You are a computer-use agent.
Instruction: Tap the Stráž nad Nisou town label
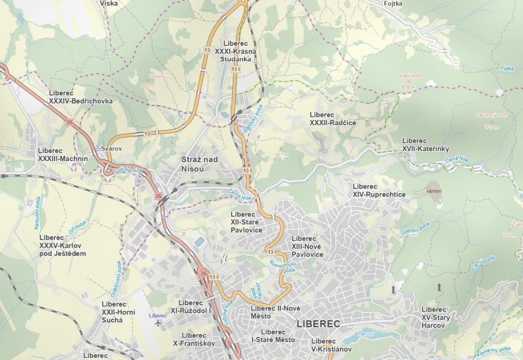pyautogui.click(x=199, y=164)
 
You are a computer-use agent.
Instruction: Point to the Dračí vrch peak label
pyautogui.click(x=409, y=76)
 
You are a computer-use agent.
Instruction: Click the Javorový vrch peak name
pyautogui.click(x=491, y=115)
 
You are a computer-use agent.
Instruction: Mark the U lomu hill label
pyautogui.click(x=158, y=76)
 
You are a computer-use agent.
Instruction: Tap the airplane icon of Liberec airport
pyautogui.click(x=158, y=323)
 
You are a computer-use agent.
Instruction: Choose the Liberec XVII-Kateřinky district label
pyautogui.click(x=425, y=145)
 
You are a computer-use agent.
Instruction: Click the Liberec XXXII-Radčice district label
pyautogui.click(x=333, y=119)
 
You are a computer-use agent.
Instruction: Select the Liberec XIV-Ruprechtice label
pyautogui.click(x=379, y=190)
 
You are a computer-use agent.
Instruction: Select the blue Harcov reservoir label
pyautogui.click(x=365, y=334)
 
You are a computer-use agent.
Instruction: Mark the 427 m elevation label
pyautogui.click(x=281, y=155)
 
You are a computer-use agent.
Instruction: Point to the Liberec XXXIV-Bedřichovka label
pyautogui.click(x=81, y=97)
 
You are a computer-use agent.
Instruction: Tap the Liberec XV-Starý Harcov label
pyautogui.click(x=435, y=317)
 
